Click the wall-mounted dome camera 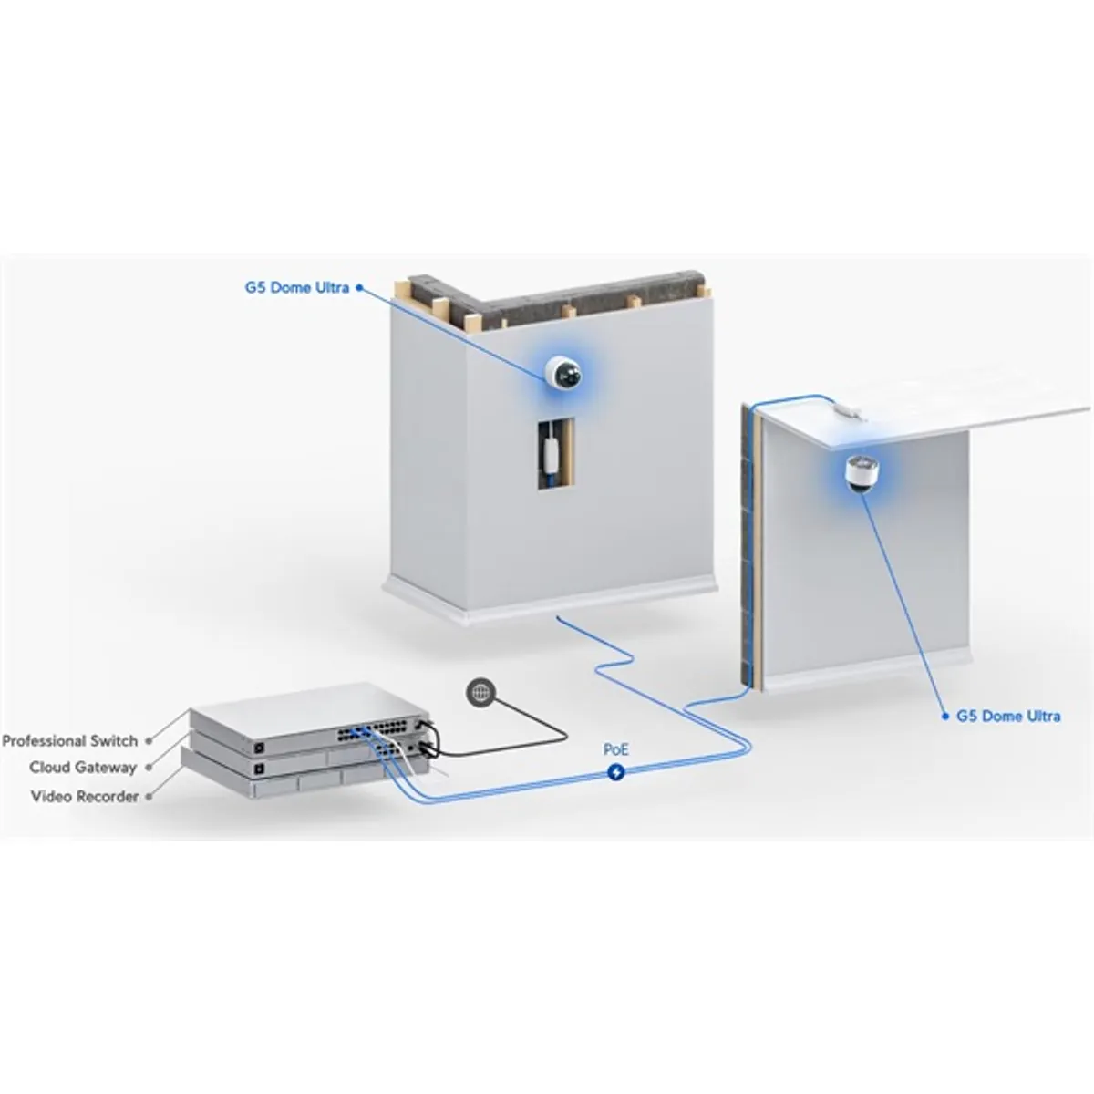[563, 372]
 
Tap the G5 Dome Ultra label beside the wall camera [297, 288]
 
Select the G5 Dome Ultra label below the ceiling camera [1008, 716]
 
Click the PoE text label [616, 749]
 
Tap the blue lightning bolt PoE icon [616, 772]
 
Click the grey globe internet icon [480, 692]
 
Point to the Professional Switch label [70, 741]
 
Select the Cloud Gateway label [83, 768]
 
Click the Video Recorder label [85, 797]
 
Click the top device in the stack [309, 718]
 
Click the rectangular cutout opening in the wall [556, 454]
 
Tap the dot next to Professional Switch [149, 741]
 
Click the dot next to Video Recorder [149, 797]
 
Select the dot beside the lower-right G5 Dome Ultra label [945, 717]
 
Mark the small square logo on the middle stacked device [259, 769]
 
